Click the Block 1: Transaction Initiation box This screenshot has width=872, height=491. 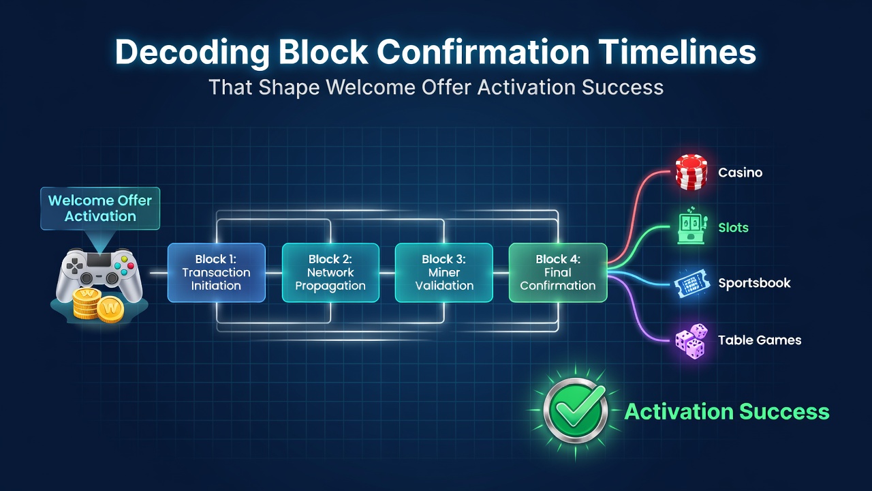(x=217, y=272)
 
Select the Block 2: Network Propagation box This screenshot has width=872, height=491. (x=330, y=272)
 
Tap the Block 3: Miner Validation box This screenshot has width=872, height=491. (x=443, y=272)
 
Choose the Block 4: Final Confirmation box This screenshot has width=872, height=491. (x=558, y=272)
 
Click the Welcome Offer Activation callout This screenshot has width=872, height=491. (x=100, y=209)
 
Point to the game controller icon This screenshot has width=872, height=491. (x=99, y=275)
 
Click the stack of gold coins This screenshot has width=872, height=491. (x=98, y=306)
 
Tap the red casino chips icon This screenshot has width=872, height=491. (x=691, y=173)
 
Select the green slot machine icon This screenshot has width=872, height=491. (x=691, y=226)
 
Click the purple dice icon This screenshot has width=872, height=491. (x=691, y=341)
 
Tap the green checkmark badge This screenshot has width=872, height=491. (x=576, y=411)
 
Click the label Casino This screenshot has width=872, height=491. (x=740, y=173)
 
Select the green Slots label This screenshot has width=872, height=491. (x=734, y=228)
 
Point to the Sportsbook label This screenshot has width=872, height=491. (x=754, y=283)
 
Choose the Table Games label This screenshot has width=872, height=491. (x=760, y=340)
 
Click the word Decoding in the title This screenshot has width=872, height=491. (x=192, y=53)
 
